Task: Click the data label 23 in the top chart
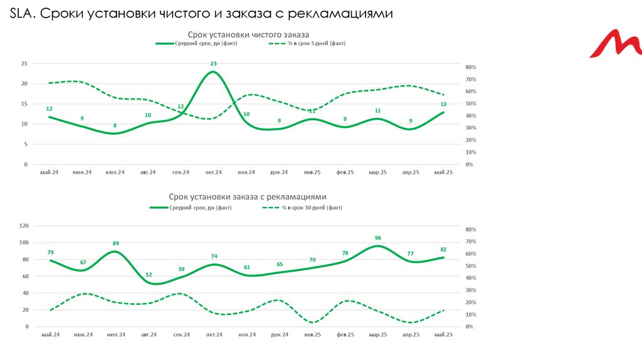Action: pos(214,64)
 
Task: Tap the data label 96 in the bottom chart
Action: pos(378,238)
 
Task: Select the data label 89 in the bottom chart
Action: pos(115,243)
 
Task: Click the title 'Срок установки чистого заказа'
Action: pos(248,34)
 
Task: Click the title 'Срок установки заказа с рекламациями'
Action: pos(248,197)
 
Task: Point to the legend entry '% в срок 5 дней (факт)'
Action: pos(317,44)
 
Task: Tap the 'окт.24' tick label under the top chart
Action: pos(214,172)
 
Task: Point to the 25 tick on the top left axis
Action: pos(24,64)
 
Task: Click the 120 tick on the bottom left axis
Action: pos(24,226)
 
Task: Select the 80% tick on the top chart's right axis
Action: pos(471,67)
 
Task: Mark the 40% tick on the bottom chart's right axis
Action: pos(471,278)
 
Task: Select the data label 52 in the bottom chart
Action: pos(149,275)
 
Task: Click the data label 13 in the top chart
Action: pos(443,104)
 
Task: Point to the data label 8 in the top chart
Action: pos(115,125)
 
